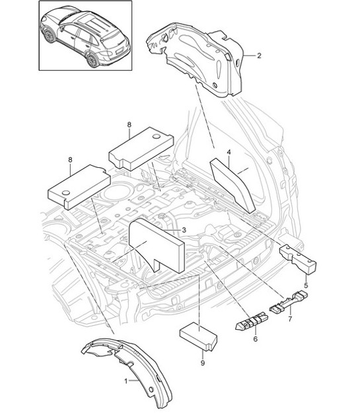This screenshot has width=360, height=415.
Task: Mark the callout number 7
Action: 290,319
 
